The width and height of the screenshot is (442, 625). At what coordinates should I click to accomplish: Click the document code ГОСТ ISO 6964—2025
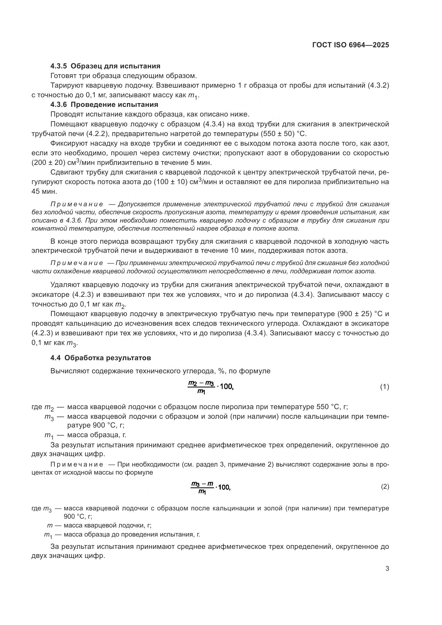(x=351, y=45)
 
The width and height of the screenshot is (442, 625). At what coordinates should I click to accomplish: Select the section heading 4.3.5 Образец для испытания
(x=105, y=66)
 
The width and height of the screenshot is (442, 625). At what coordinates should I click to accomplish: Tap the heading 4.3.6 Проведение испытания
(x=104, y=104)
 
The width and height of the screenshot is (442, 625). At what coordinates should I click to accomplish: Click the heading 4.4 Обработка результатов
(x=100, y=358)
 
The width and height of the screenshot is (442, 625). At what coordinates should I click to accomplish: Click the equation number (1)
(x=384, y=387)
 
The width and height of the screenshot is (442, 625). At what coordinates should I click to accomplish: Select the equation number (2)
(x=385, y=486)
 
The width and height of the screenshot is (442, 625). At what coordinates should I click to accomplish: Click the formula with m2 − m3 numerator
(x=210, y=387)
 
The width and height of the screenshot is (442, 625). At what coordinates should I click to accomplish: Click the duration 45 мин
(x=44, y=191)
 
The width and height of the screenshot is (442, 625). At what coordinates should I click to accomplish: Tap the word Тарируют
(x=67, y=86)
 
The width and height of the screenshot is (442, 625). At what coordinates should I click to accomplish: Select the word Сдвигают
(x=67, y=172)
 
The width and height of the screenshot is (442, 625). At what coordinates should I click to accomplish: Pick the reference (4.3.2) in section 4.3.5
(x=378, y=86)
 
